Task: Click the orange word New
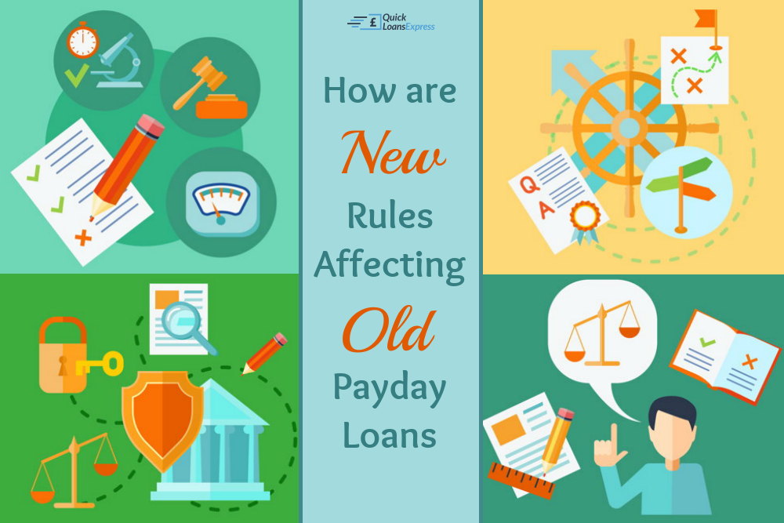393,152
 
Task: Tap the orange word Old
389,330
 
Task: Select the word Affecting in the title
390,265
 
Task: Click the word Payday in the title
390,389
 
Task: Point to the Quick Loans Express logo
391,22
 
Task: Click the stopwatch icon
83,40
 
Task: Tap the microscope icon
118,60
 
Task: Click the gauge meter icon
222,203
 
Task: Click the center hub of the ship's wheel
629,128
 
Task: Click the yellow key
100,364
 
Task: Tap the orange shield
163,419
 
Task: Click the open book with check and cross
725,356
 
